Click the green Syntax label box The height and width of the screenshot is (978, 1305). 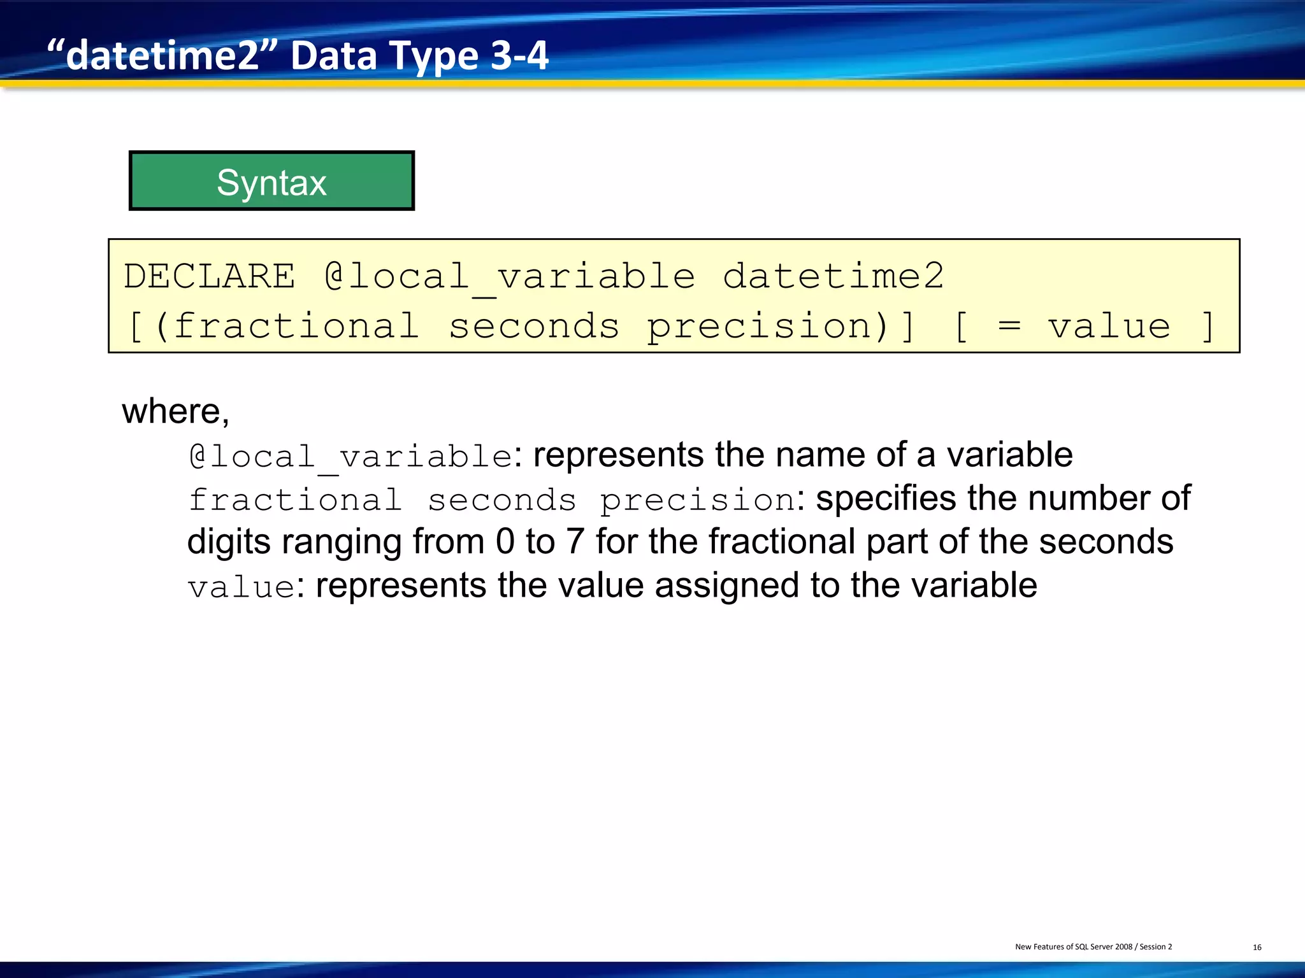[x=271, y=181]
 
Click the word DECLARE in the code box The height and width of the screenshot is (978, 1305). [x=210, y=276]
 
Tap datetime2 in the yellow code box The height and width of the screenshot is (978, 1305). [x=833, y=276]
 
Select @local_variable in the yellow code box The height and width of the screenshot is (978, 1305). [x=510, y=276]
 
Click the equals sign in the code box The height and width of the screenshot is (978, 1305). [x=1009, y=326]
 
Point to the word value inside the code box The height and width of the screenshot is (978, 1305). [x=1109, y=326]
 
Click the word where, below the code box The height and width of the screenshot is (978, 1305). [x=175, y=411]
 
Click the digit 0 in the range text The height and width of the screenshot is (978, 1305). [x=505, y=542]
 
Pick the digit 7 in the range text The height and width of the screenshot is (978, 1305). [x=575, y=542]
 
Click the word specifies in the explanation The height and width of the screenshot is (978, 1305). [x=886, y=499]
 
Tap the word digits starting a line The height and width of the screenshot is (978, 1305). [x=229, y=542]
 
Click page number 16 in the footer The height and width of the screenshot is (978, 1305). [x=1257, y=947]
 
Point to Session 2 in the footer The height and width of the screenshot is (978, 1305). [x=1155, y=947]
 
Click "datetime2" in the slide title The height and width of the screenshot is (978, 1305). [x=163, y=56]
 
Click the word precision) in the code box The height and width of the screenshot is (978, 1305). [x=768, y=326]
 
